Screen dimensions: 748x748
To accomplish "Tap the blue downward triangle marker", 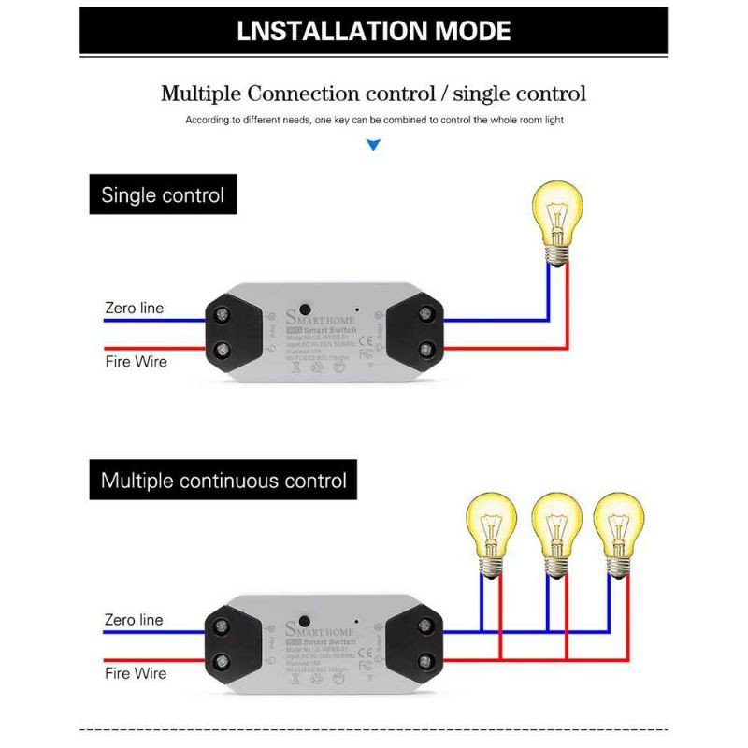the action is coord(374,145).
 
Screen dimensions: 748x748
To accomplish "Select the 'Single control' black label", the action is coord(163,195).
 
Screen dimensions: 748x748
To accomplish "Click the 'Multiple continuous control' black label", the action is coord(223,481).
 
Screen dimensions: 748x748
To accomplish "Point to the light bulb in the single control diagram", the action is coord(557,215).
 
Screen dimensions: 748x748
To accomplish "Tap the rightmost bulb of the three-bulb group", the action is coord(618,529).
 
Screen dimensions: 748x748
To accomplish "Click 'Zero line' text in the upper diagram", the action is coord(134,309).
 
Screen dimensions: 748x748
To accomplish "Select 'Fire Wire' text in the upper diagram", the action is coord(136,361).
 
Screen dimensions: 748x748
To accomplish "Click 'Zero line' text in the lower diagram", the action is coord(134,620).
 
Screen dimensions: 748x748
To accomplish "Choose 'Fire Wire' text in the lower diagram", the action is coord(136,673).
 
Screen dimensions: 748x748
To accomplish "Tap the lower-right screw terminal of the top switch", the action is coord(426,351).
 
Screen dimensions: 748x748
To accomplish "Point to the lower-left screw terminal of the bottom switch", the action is coord(223,663).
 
